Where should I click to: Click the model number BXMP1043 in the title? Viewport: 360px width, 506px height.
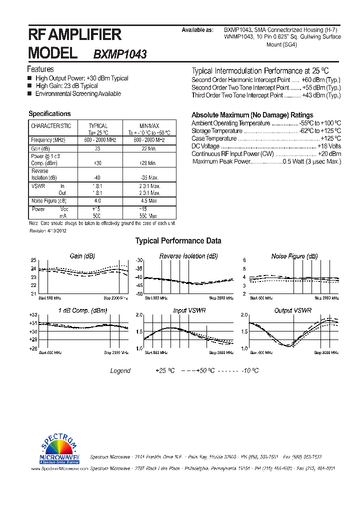120,54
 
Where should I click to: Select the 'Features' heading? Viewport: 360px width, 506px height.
40,69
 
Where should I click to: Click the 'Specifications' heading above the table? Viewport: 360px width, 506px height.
49,114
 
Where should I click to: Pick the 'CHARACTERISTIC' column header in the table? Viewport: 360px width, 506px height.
51,126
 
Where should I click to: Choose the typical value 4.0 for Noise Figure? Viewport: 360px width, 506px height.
97,200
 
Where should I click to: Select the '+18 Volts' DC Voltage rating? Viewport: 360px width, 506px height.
329,146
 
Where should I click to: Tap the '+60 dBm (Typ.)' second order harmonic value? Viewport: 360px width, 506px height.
321,80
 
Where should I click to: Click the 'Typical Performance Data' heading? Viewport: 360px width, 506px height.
178,241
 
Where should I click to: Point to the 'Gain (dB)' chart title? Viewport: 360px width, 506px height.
82,256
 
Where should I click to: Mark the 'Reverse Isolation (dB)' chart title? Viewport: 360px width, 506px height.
188,256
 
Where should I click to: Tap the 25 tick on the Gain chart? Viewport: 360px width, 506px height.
33,260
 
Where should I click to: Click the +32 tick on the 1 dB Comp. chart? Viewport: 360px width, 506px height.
32,315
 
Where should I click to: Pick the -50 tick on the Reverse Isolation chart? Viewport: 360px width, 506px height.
139,293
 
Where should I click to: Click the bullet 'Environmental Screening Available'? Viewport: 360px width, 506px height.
78,94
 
